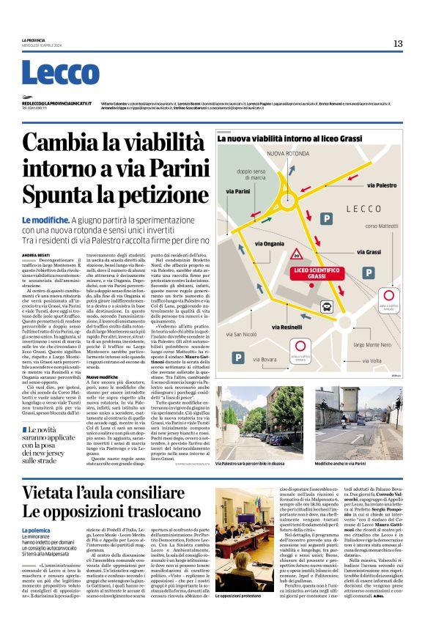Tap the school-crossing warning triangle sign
click(297, 256)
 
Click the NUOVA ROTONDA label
click(288, 153)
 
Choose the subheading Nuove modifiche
click(103, 377)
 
